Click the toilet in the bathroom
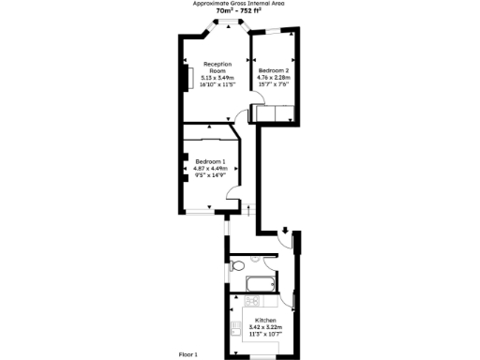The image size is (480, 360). [233, 262]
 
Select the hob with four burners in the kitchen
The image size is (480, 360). [252, 301]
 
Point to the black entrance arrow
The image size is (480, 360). [285, 230]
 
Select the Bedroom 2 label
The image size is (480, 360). [274, 70]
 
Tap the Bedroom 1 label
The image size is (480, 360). [210, 161]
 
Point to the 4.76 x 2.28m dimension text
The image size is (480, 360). [274, 77]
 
